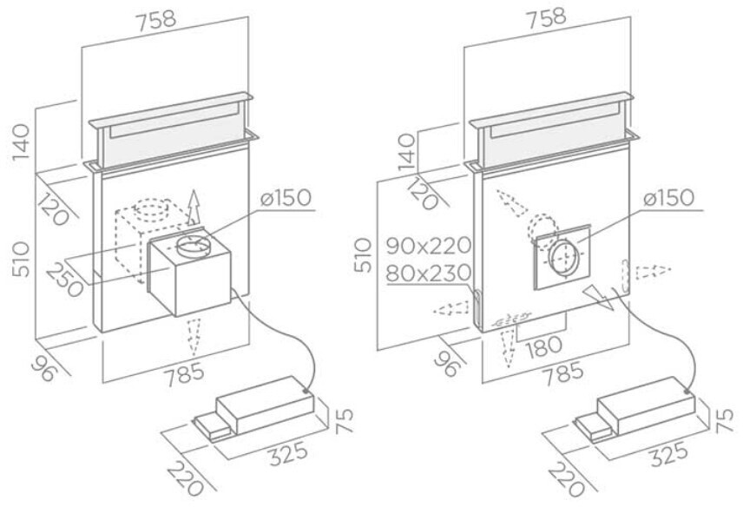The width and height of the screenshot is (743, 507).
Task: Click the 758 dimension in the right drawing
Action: (x=546, y=16)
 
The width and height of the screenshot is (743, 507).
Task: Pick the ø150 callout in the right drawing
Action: (x=668, y=198)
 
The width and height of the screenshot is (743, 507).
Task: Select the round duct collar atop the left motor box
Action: (x=194, y=247)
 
